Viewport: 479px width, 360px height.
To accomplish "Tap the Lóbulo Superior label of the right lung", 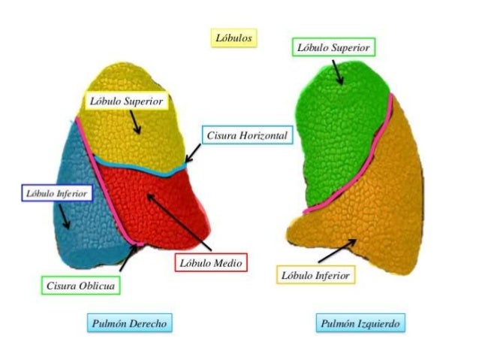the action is point(126,101).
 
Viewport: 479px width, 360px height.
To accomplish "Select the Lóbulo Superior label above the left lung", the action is point(333,47).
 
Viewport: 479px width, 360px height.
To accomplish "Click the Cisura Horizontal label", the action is point(245,136).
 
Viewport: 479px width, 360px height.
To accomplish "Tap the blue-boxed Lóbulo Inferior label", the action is point(57,194).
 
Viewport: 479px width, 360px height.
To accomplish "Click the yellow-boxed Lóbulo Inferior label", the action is point(315,275).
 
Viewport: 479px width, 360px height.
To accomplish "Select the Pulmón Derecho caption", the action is point(129,323).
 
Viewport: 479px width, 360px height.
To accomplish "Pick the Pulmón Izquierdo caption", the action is point(360,323).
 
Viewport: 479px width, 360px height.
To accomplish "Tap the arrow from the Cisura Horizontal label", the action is point(193,153).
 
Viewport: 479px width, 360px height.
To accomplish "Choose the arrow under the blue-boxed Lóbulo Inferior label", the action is point(65,217).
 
